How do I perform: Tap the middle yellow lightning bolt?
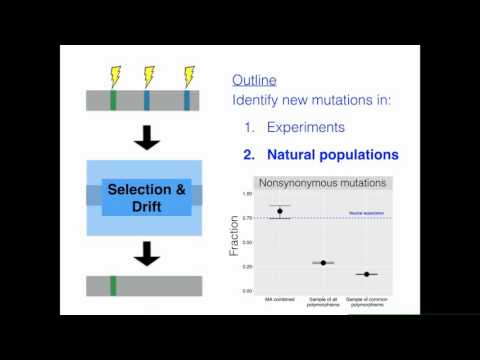(149, 76)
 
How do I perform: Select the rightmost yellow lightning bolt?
(188, 76)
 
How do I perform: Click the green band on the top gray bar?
(113, 100)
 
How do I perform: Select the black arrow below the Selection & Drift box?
(147, 255)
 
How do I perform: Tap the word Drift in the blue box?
(147, 206)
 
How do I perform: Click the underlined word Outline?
(254, 80)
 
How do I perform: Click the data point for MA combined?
(280, 211)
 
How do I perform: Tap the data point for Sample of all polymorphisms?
(323, 262)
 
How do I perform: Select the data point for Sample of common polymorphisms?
(367, 274)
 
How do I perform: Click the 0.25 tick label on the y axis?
(246, 267)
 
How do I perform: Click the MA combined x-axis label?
(280, 300)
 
